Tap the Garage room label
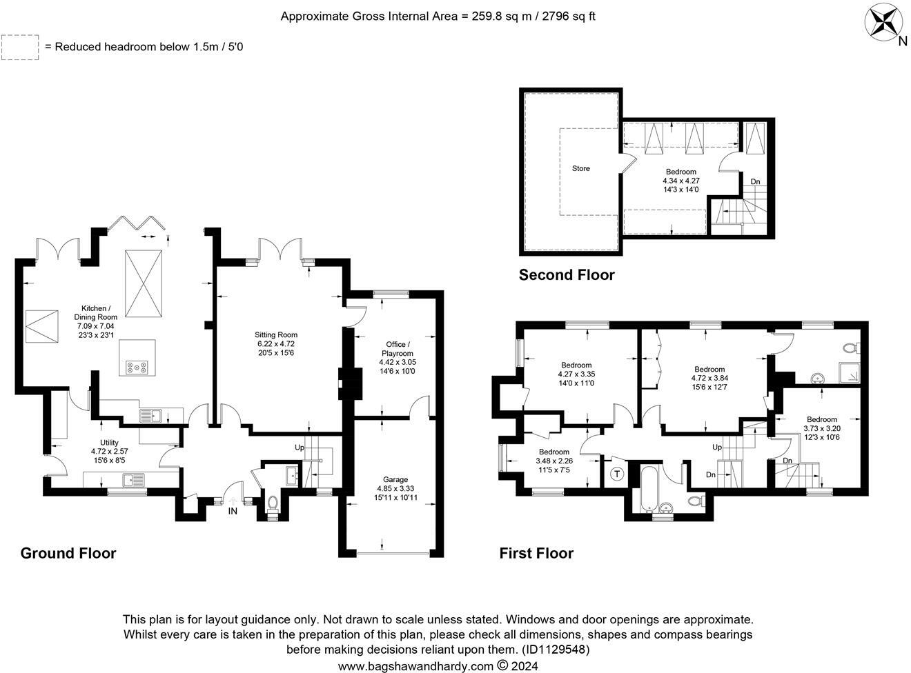point(395,479)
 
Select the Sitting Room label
point(275,334)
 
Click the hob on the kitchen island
point(137,367)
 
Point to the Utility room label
point(109,443)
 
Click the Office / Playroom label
point(397,348)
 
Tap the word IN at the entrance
point(233,511)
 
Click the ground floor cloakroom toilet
point(273,503)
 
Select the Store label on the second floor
point(581,168)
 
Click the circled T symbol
point(616,474)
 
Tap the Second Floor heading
point(567,274)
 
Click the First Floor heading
point(536,553)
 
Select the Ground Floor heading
point(68,553)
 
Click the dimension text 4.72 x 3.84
point(709,378)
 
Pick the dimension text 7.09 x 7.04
point(96,326)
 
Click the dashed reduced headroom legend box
point(20,47)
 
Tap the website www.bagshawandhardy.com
point(415,665)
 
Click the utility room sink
point(133,479)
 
